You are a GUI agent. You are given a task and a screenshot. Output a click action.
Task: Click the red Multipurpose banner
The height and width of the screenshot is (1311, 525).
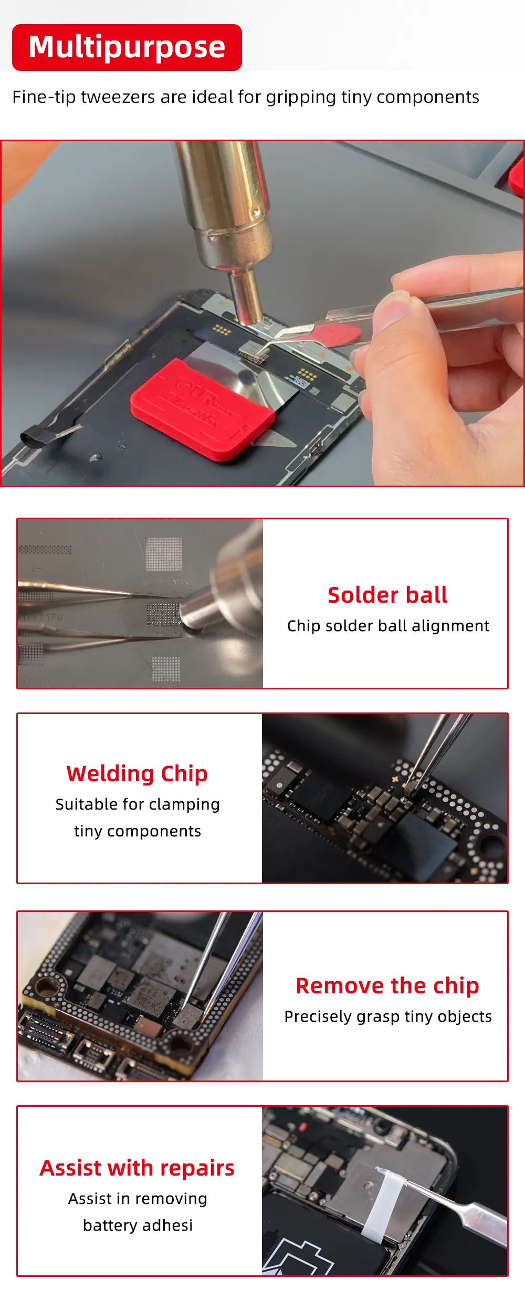(x=127, y=47)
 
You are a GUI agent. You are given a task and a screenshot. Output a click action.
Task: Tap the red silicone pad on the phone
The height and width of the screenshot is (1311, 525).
(x=202, y=408)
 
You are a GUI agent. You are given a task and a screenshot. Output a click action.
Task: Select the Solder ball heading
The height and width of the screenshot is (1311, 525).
(x=387, y=595)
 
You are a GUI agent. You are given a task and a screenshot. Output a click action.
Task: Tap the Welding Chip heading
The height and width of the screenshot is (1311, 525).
(x=137, y=774)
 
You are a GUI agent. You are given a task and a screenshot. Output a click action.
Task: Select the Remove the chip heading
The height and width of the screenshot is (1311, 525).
(x=387, y=986)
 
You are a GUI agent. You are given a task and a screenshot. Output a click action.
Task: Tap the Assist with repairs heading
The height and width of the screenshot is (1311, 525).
(x=137, y=1168)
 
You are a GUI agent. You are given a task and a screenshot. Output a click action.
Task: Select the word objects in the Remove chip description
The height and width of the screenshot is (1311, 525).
(x=465, y=1017)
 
